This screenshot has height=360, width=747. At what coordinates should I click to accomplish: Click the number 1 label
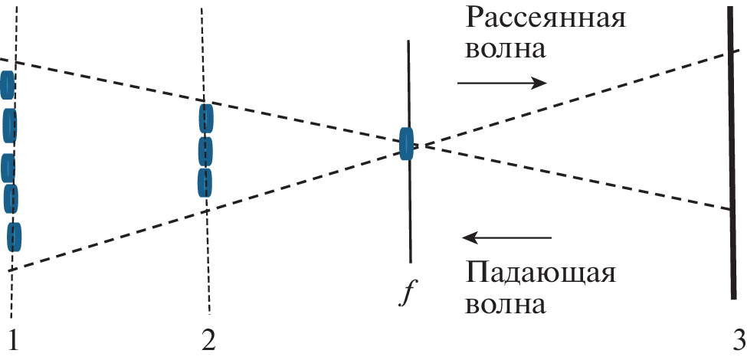[11, 342]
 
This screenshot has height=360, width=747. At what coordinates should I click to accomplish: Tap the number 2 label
[208, 342]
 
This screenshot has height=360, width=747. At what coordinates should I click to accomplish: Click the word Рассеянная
[544, 19]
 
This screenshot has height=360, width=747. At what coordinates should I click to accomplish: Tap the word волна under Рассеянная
[505, 48]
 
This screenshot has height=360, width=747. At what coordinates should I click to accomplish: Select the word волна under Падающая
[505, 304]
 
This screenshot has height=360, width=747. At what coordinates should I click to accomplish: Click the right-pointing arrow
[502, 83]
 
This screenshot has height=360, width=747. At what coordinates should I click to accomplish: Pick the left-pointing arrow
[508, 237]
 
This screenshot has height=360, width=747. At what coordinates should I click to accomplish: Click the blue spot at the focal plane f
[406, 144]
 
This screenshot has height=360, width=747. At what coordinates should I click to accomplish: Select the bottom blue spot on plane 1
[15, 237]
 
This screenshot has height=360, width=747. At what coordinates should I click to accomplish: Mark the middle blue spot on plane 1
[8, 168]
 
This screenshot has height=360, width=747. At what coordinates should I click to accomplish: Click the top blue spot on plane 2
[206, 118]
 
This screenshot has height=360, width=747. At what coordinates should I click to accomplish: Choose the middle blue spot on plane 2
[205, 152]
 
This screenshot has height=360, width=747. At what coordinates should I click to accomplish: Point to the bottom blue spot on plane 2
[205, 183]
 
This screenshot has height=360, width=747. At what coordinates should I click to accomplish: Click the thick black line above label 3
[732, 152]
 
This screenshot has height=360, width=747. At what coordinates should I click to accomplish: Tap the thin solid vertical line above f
[409, 152]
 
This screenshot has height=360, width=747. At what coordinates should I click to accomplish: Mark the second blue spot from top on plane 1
[9, 126]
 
